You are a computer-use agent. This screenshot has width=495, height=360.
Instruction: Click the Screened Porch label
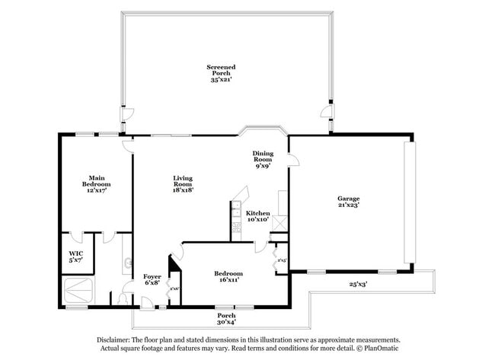tap(220, 72)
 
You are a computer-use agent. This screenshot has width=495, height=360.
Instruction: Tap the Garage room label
tap(348, 202)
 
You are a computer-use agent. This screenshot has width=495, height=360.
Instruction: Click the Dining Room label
tap(263, 158)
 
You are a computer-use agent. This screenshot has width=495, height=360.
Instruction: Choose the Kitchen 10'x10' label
tap(257, 216)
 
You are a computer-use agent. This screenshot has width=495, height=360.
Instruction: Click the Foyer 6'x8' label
tap(152, 279)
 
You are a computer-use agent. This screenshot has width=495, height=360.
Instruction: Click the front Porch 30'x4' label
tap(226, 318)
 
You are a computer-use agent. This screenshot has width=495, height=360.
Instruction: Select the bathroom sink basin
tap(125, 265)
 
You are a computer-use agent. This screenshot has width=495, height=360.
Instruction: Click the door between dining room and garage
tap(292, 162)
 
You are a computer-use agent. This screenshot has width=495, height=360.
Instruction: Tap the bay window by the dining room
tap(263, 131)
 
